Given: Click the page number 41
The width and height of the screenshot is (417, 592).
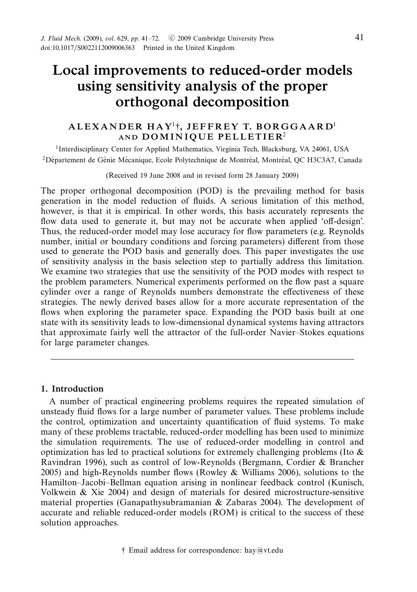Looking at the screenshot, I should click(359, 38).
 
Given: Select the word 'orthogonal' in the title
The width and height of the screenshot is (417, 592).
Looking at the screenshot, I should click(152, 102).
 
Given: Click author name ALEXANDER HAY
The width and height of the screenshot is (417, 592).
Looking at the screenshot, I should click(120, 126).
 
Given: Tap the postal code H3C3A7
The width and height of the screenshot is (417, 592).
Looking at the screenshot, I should click(322, 160).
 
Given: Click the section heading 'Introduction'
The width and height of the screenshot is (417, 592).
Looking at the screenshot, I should click(77, 389).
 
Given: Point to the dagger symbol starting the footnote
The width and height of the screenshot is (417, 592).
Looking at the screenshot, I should click(123, 550).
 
